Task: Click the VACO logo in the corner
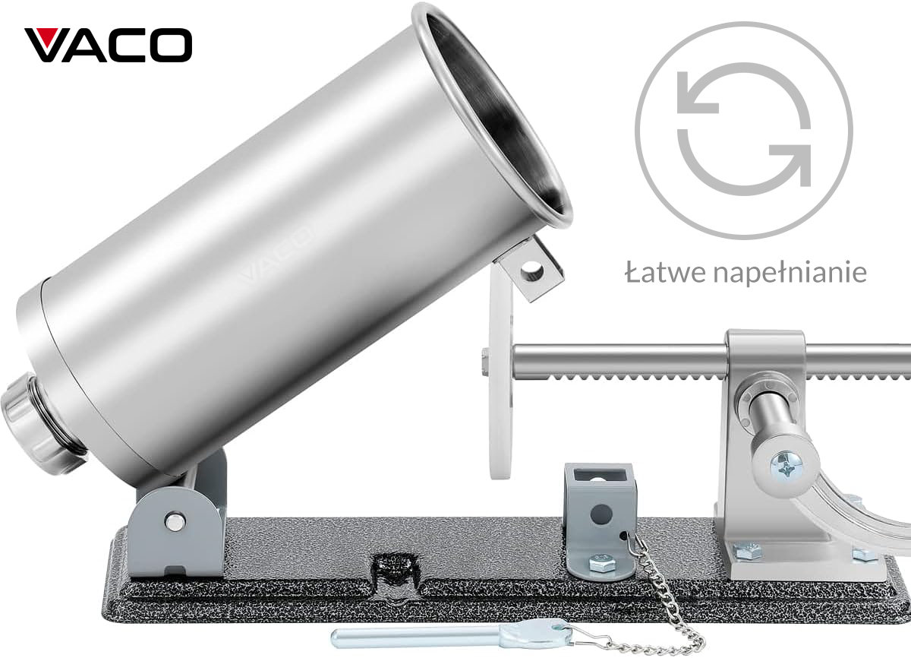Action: [108, 45]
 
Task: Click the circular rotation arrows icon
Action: [744, 130]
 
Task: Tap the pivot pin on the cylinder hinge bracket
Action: [175, 521]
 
